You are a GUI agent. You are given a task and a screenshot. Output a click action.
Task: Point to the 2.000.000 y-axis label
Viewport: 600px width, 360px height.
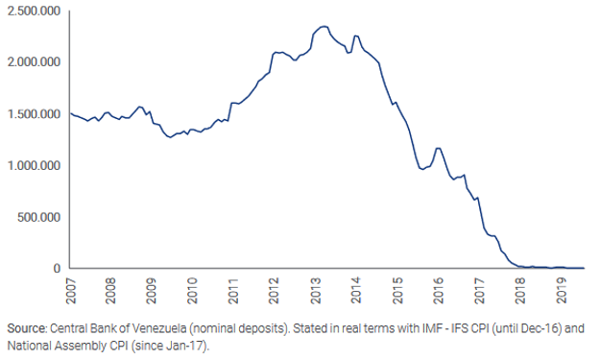32,61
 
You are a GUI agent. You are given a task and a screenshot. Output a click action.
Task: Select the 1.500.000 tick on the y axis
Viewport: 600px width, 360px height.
32,113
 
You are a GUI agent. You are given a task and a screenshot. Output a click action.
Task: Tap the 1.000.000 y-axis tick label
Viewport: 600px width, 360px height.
32,165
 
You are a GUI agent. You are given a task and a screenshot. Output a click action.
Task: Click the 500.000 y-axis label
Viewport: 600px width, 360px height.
37,217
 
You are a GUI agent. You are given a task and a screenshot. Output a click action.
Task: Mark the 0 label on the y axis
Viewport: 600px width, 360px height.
58,269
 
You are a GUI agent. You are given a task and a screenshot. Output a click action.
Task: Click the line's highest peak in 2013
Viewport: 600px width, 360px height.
324,26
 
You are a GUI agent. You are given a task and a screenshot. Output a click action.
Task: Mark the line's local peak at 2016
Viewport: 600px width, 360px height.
439,148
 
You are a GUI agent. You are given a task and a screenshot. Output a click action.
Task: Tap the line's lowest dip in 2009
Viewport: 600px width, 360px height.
170,137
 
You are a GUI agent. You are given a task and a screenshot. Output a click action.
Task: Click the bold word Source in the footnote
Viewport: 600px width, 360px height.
25,328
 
